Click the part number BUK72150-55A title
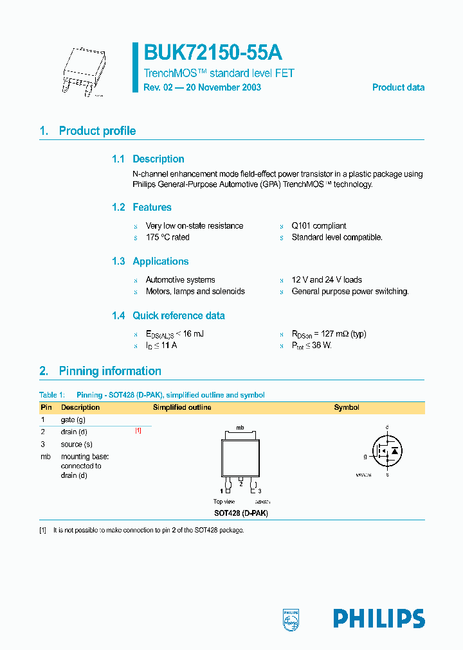[213, 52]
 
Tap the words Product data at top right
[398, 87]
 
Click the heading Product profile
[97, 131]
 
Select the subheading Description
[158, 159]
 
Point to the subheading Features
[152, 207]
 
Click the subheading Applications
[160, 261]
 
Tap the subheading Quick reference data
[178, 315]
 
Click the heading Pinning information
[109, 371]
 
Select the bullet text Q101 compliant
[319, 226]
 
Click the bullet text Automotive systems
[180, 280]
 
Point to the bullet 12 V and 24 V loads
[327, 280]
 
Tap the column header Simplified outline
[182, 407]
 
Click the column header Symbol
[346, 407]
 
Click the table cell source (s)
[77, 444]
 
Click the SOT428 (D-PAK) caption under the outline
[241, 513]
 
